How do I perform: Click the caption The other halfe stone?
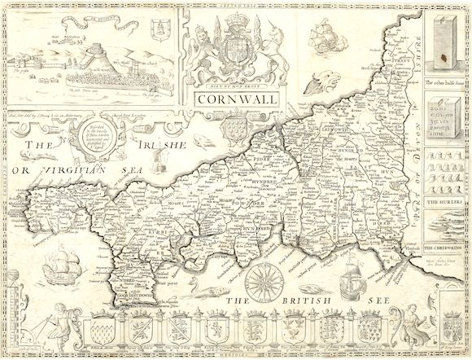[443, 85]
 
